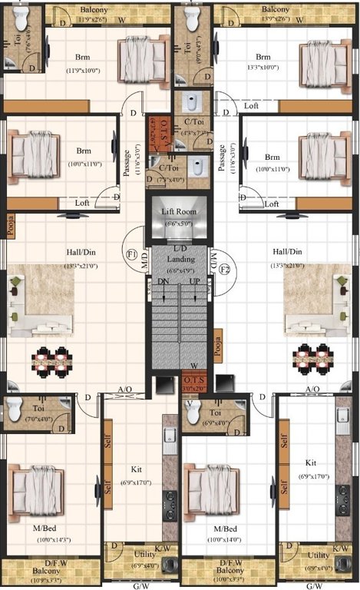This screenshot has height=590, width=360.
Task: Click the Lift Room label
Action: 179,211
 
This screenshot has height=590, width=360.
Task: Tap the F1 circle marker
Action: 131,254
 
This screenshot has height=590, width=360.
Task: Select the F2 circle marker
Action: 225,270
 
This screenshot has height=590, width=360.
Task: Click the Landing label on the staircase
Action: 180,260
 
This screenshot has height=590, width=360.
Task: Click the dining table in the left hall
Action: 52,359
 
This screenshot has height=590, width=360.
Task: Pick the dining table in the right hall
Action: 315,356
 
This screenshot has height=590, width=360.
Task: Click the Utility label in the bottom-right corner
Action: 318,555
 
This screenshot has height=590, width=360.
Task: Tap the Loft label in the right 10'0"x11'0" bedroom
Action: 271,204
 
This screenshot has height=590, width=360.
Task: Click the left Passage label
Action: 127,163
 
